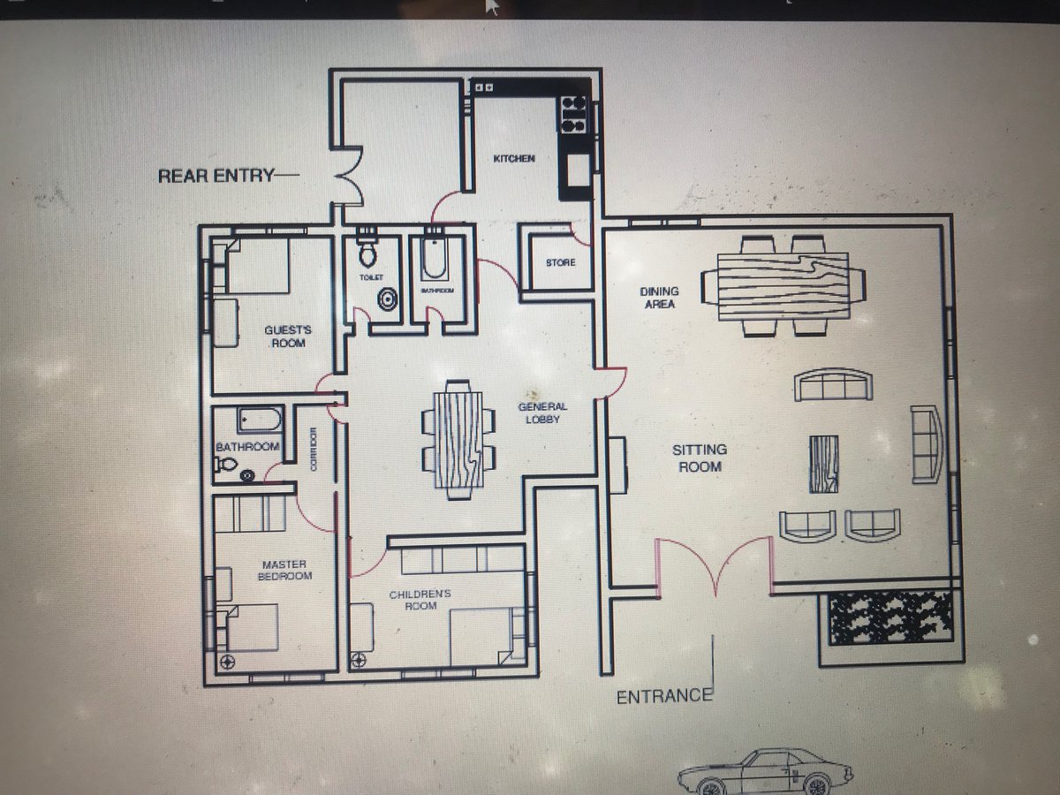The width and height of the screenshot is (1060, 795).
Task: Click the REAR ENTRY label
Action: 216,176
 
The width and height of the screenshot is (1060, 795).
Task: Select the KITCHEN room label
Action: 514,158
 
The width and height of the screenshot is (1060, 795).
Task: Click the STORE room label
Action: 561,262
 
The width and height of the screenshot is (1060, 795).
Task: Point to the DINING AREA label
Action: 659,298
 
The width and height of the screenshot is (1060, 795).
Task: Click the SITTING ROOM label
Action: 700,458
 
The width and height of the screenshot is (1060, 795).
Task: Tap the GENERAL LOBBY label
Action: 542,413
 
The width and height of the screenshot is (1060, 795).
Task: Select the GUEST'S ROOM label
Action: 288,337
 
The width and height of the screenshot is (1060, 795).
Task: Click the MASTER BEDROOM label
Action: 284,570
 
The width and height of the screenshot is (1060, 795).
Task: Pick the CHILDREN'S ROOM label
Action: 420,600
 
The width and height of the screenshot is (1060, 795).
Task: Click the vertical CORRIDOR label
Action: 314,449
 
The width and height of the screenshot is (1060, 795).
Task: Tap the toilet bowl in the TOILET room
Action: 367,254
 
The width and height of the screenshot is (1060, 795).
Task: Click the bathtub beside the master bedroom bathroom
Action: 259,420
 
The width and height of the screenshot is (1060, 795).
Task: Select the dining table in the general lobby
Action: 458,439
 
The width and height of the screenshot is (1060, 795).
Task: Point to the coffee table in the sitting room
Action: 823,464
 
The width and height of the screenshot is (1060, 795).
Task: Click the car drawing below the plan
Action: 765,772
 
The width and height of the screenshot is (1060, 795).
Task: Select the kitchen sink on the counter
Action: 578,170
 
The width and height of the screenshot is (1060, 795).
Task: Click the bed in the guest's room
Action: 257,266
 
